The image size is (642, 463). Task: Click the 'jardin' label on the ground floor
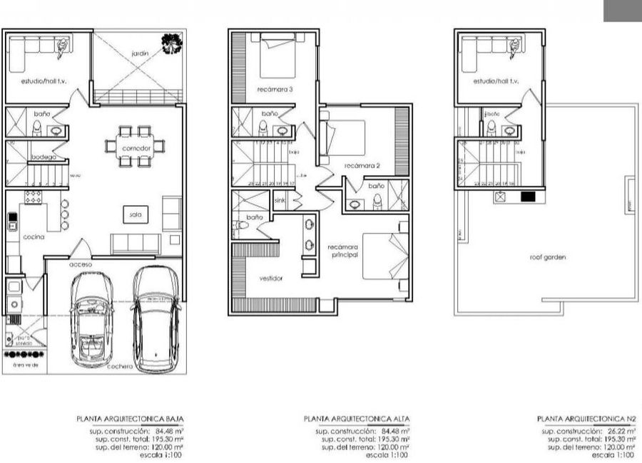pyautogui.click(x=139, y=53)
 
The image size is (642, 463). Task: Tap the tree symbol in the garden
pyautogui.click(x=171, y=45)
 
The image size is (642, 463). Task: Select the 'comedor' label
pyautogui.click(x=135, y=148)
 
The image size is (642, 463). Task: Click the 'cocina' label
pyautogui.click(x=33, y=236)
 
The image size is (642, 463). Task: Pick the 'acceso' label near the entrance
pyautogui.click(x=80, y=264)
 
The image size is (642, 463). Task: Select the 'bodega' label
pyautogui.click(x=43, y=157)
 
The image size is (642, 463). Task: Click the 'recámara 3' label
pyautogui.click(x=275, y=90)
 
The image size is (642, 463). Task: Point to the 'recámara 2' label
pyautogui.click(x=362, y=166)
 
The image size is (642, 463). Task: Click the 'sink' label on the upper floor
pyautogui.click(x=280, y=202)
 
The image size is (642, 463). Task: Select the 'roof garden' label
pyautogui.click(x=548, y=257)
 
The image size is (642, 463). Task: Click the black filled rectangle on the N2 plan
pyautogui.click(x=529, y=197)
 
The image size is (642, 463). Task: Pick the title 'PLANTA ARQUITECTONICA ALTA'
pyautogui.click(x=357, y=420)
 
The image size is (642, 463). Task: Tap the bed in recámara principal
pyautogui.click(x=385, y=255)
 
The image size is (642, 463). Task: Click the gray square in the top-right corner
pyautogui.click(x=622, y=10)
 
